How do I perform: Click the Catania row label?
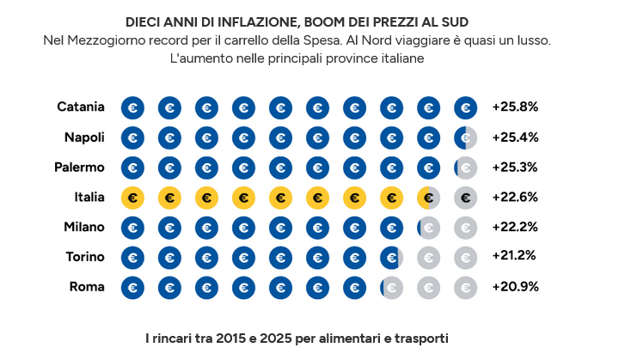tap(81, 107)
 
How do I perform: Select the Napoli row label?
tap(84, 137)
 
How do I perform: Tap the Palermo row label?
tap(78, 168)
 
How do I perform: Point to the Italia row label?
tap(89, 197)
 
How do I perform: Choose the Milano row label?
tap(83, 227)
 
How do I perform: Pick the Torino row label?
tap(85, 257)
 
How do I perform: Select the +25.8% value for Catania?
tap(515, 107)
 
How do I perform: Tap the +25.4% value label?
tap(515, 137)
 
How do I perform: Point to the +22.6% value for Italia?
tap(515, 197)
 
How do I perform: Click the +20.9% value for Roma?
tap(515, 287)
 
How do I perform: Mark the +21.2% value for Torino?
tap(514, 257)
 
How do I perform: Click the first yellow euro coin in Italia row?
tap(132, 198)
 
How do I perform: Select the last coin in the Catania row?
tap(465, 108)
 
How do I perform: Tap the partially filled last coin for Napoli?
tap(465, 137)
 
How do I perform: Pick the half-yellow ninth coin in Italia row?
tap(428, 198)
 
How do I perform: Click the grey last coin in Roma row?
tap(465, 287)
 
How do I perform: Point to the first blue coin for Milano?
tap(132, 228)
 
